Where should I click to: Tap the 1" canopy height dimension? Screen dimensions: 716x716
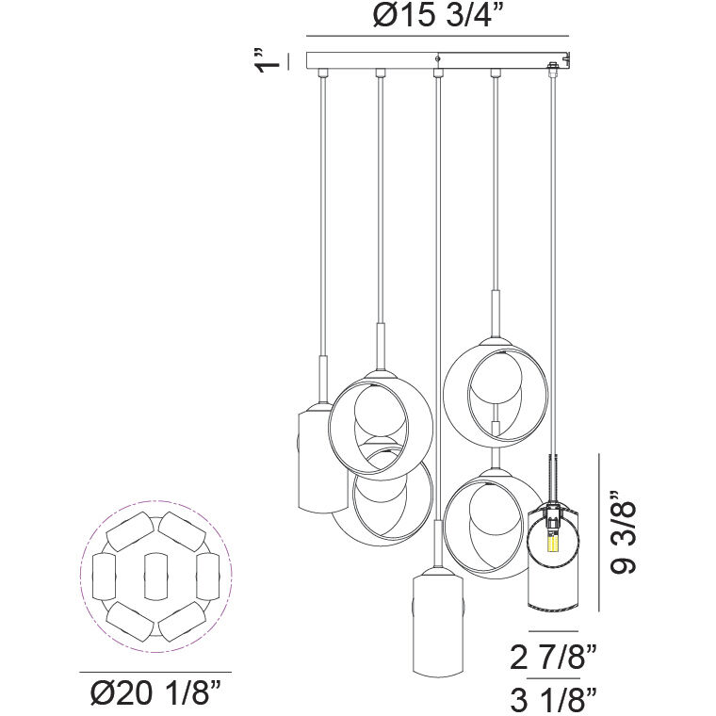[x=272, y=58]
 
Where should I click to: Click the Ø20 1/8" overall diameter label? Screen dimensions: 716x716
[x=155, y=696]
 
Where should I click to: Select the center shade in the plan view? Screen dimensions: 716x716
[x=155, y=576]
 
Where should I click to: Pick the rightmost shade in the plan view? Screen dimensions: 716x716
[x=207, y=576]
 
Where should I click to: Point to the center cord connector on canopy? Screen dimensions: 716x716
[x=437, y=73]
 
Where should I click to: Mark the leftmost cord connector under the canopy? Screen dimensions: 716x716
[x=322, y=73]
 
